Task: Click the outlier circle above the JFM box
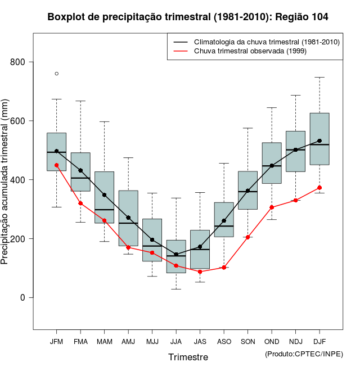coord(56,74)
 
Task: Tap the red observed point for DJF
coord(319,188)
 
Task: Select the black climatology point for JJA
coord(176,254)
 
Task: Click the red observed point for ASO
coord(224,268)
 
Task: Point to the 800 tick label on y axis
coord(19,62)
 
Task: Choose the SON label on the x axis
coord(248,342)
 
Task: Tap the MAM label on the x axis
coord(104,342)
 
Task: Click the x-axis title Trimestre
coord(188,357)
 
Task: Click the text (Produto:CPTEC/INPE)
coord(304,354)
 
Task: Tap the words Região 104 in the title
coord(301,17)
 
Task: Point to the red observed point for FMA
coord(80,203)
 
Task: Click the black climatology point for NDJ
coord(296,150)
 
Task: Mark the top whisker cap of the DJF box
coord(319,77)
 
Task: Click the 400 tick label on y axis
coord(19,179)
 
